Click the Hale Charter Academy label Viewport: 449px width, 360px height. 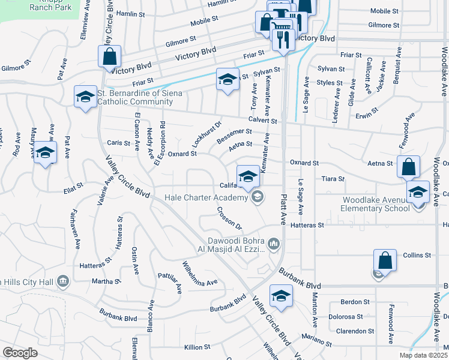point(207,197)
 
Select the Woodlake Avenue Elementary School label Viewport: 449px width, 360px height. point(376,204)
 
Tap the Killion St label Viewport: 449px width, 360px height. point(197,347)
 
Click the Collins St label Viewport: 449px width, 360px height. point(417,255)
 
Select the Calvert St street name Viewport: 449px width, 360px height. point(264,121)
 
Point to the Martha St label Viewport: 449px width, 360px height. point(102,281)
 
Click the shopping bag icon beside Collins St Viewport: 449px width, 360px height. point(385,262)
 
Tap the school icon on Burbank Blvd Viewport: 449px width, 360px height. point(280,296)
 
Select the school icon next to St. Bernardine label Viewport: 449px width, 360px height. point(85,97)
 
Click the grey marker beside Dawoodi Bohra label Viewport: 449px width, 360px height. point(274,243)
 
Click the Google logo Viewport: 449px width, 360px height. point(20,353)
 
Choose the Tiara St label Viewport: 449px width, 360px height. point(333,179)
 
